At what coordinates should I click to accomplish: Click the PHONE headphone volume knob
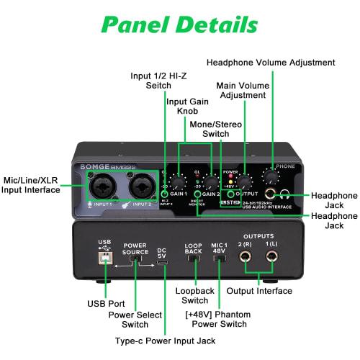(272, 176)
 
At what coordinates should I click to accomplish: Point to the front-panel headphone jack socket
(272, 194)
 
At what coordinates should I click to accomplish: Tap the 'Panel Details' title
(179, 24)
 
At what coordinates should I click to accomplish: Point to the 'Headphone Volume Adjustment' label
(271, 63)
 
